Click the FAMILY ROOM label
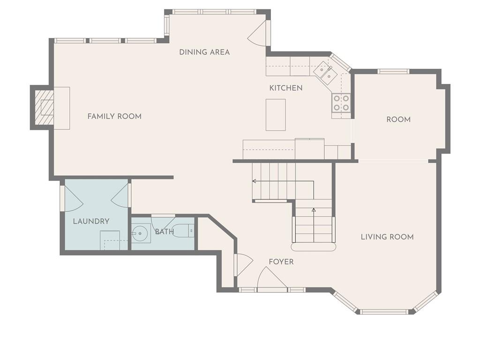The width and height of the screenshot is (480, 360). [x=114, y=116]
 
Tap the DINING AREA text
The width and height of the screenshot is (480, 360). [x=204, y=52]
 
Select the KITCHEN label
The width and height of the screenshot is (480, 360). [x=286, y=88]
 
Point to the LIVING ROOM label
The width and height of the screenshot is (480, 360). [x=387, y=237]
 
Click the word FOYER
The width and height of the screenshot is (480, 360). [x=281, y=262]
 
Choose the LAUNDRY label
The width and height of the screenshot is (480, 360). [x=91, y=221]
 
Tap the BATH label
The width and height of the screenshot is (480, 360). [x=165, y=232]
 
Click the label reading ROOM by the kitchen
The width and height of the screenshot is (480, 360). [x=398, y=120]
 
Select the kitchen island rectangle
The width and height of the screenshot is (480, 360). [x=276, y=115]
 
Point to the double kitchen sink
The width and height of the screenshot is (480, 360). [x=325, y=72]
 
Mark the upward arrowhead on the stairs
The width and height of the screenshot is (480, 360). [x=314, y=210]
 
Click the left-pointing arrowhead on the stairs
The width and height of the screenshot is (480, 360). [x=254, y=181]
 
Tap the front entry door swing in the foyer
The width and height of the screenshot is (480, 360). [x=272, y=277]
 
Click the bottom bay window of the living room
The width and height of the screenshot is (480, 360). [x=383, y=312]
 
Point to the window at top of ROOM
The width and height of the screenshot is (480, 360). [x=393, y=72]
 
